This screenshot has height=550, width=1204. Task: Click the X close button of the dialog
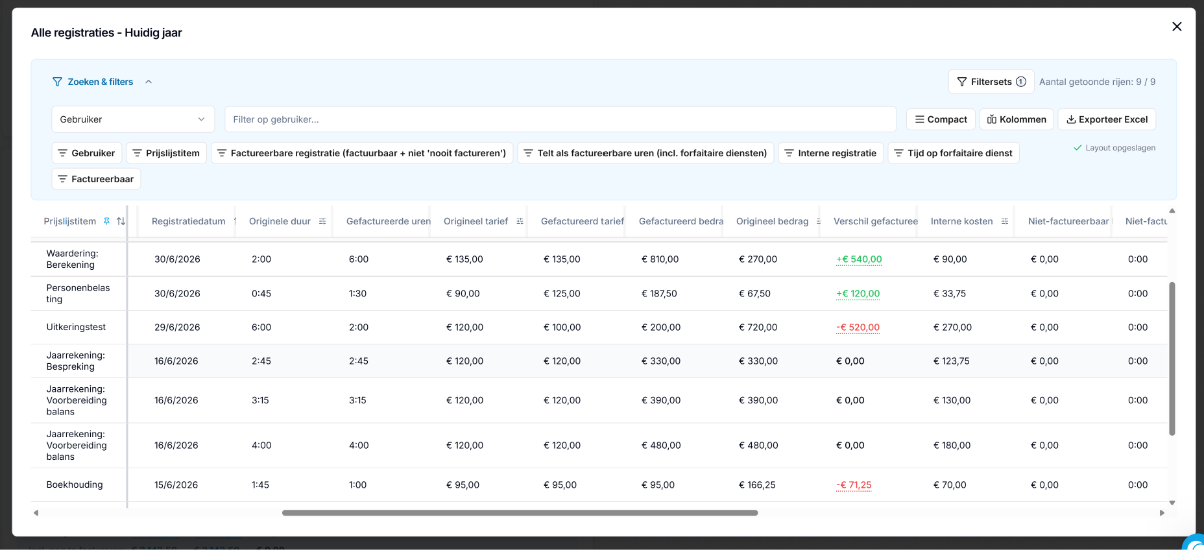(x=1177, y=27)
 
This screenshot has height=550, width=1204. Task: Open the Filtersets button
(x=991, y=82)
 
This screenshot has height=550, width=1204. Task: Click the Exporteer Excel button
(x=1107, y=119)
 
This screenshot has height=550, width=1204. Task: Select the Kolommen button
(x=1017, y=119)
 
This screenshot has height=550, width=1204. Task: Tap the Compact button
(x=941, y=119)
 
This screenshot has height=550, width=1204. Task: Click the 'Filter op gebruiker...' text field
(x=560, y=119)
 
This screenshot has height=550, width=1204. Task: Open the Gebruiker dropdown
(x=133, y=119)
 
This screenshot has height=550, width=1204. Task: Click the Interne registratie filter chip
(x=830, y=153)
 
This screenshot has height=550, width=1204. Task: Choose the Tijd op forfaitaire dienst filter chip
(x=954, y=153)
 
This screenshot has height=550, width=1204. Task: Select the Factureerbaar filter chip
(x=96, y=179)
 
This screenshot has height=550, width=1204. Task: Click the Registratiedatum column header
(x=188, y=221)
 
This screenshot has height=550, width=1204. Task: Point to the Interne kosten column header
(x=961, y=221)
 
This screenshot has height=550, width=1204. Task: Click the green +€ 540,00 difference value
(x=859, y=259)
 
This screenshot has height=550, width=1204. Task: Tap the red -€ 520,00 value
(x=858, y=328)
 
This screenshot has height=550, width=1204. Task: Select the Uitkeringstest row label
(x=76, y=328)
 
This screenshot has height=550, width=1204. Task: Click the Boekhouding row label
(x=75, y=485)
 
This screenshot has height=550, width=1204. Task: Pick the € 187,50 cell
(x=659, y=294)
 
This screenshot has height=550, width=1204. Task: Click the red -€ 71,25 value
(x=854, y=485)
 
